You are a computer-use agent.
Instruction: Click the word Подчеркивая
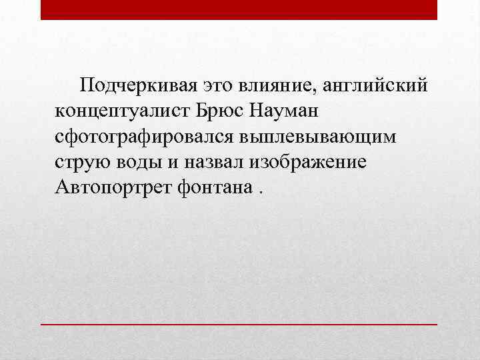[x=137, y=86]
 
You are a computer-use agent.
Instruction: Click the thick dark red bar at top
[x=239, y=9]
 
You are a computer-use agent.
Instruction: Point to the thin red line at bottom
[x=239, y=323]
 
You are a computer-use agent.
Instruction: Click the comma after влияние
[x=323, y=91]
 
